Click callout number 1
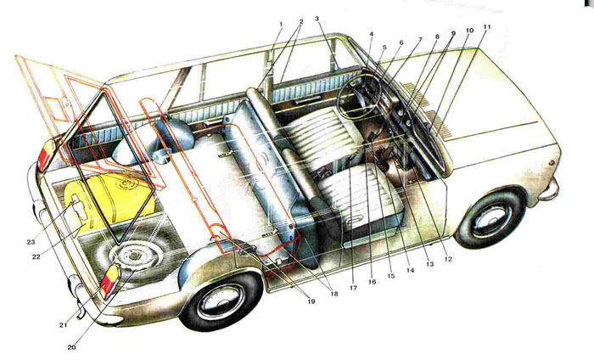click(x=281, y=25)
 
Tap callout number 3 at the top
click(x=317, y=19)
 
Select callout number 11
click(x=487, y=27)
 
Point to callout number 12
click(x=448, y=259)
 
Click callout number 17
click(x=353, y=288)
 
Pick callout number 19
click(x=311, y=301)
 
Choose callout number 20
click(x=71, y=347)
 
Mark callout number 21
click(x=63, y=324)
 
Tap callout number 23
click(x=31, y=242)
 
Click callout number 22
click(x=36, y=256)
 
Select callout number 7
click(x=419, y=39)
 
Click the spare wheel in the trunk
click(x=133, y=256)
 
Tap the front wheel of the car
click(x=490, y=219)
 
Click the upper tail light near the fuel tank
click(x=45, y=155)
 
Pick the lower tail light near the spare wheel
click(x=109, y=281)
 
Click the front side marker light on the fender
click(x=552, y=162)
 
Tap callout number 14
click(x=410, y=271)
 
